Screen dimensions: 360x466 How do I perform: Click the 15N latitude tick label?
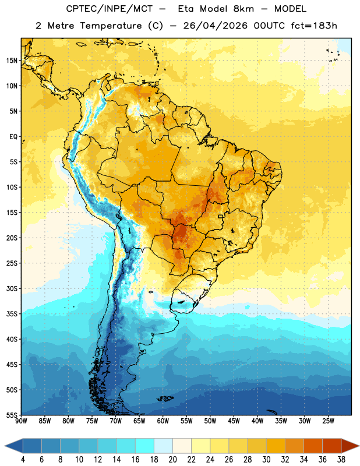coord(12,61)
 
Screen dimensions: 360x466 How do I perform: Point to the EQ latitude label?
coord(13,137)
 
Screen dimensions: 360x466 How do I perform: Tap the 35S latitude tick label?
coord(12,314)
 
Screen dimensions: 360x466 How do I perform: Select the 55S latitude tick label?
coord(12,415)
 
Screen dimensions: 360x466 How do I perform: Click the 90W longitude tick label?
coord(21,421)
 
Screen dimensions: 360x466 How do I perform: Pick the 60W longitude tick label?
coord(163,421)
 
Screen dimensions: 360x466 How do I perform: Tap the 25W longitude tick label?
coord(328,421)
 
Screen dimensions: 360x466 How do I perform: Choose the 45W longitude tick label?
coord(234,421)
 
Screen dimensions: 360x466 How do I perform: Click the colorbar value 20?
coord(172,460)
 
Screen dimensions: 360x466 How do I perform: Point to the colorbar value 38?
coord(341,460)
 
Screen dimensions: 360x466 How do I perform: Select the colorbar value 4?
coord(23,460)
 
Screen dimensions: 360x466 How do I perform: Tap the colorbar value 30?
coord(266,460)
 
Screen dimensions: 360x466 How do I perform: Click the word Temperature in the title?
coord(111,26)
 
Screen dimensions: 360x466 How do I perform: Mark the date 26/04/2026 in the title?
coord(215,26)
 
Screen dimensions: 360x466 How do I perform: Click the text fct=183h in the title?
coord(314,26)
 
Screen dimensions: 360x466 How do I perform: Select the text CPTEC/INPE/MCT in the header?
coord(109,9)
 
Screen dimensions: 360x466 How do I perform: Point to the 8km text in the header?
coord(243,9)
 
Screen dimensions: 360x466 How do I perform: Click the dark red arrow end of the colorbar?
coord(350,446)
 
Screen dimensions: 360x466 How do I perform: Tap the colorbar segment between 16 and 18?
coord(145,446)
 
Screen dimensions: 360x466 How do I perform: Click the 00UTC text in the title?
coord(269,26)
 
